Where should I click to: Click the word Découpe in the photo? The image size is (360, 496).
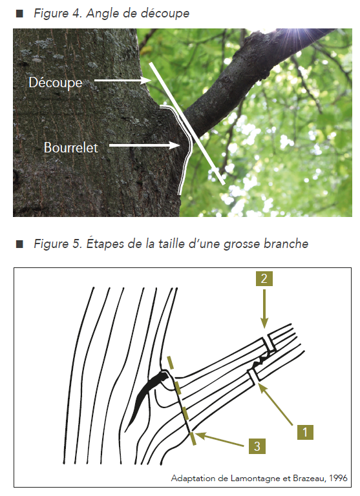[x=56, y=83]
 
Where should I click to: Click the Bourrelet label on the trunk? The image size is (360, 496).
[x=71, y=147]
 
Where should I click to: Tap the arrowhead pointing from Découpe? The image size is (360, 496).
[x=146, y=81]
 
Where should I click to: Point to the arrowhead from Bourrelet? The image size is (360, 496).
[x=175, y=145]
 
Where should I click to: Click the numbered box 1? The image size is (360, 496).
[x=305, y=432]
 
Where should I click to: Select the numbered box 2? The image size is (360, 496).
[x=264, y=278]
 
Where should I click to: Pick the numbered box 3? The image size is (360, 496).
[x=257, y=446]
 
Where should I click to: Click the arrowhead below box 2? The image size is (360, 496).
[x=264, y=324]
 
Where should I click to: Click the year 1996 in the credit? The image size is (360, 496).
[x=338, y=478]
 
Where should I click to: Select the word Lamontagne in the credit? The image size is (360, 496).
[x=255, y=479]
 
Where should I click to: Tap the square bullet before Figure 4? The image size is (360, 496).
[x=19, y=14]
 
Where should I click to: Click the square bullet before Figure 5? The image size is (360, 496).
[x=19, y=244]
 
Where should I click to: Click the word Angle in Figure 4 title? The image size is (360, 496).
[x=100, y=14]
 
